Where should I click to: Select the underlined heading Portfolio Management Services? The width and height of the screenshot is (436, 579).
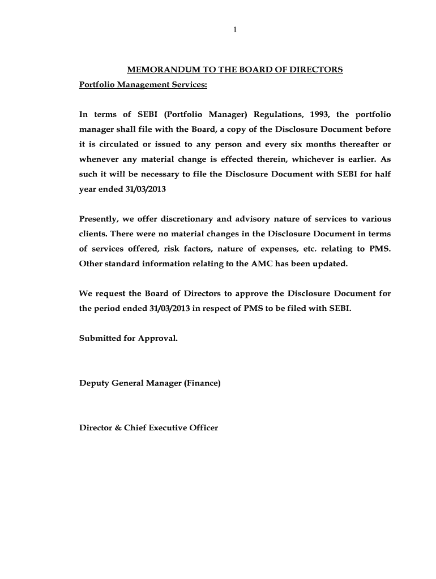(x=143, y=85)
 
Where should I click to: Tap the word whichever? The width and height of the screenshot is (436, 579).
(x=315, y=159)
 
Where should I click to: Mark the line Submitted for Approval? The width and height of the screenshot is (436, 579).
(x=129, y=339)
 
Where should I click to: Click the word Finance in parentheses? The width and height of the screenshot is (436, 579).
(x=202, y=383)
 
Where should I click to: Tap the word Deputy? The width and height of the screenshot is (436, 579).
(x=94, y=383)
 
